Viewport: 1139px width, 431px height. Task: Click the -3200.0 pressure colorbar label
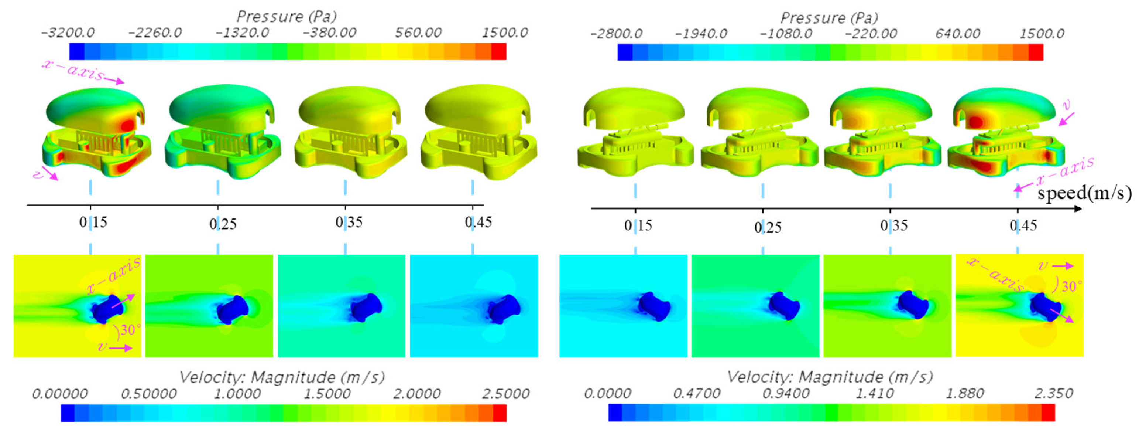tap(67, 33)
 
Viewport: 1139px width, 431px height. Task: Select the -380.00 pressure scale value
tap(329, 33)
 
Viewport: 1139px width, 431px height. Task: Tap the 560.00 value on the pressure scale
tap(418, 33)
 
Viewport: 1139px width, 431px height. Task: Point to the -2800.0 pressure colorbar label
tap(616, 34)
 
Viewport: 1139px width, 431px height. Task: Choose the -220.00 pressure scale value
tap(871, 34)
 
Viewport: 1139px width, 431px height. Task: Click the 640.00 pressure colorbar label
tap(957, 34)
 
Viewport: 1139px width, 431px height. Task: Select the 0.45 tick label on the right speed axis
tap(1023, 226)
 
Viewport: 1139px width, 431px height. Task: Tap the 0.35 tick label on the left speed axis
tap(349, 222)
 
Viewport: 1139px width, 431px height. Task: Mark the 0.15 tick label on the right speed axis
tap(638, 226)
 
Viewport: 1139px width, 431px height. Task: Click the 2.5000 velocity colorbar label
tap(505, 393)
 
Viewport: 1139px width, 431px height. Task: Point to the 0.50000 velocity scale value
tap(148, 393)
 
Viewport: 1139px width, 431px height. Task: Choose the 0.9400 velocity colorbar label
tap(786, 393)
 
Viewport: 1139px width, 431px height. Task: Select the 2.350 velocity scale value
tap(1054, 393)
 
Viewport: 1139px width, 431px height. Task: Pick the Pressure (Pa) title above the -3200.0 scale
tap(287, 17)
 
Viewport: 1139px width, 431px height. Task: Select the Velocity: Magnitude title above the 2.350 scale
tap(830, 377)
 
